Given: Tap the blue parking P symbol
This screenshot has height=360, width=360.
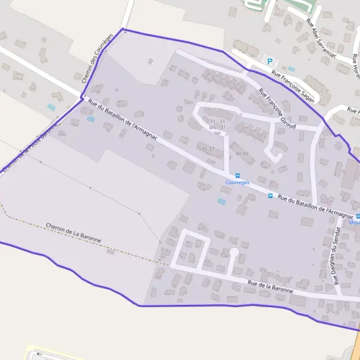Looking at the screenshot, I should [x=269, y=61].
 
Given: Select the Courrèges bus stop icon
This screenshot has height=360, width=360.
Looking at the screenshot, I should [x=238, y=175].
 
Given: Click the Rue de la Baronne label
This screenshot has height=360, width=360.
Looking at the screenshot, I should [x=270, y=286].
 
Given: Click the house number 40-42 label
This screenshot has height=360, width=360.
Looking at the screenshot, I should [x=242, y=154].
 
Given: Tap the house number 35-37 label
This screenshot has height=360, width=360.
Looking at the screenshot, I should [x=208, y=148].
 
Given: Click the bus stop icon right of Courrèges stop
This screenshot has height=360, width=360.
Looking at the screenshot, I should [x=271, y=196].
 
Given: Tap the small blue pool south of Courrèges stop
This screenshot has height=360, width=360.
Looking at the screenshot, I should [x=222, y=202].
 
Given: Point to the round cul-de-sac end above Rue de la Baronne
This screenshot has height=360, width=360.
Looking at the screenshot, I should [x=233, y=252].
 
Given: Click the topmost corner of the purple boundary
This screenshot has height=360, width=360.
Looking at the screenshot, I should [x=123, y=29].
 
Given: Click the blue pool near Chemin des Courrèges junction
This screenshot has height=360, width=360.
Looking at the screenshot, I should [x=91, y=119].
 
